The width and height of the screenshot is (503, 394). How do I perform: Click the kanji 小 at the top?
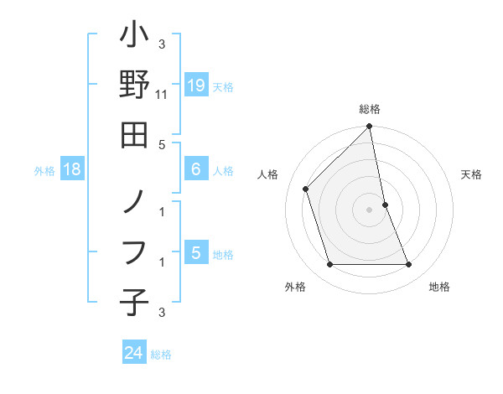pyautogui.click(x=134, y=39)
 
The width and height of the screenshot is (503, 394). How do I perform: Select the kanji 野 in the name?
pyautogui.click(x=134, y=86)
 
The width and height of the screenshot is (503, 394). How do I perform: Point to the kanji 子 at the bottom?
pyautogui.click(x=134, y=302)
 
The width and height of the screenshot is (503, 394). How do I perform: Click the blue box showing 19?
pyautogui.click(x=195, y=85)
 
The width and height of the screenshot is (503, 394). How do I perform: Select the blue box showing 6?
pyautogui.click(x=195, y=169)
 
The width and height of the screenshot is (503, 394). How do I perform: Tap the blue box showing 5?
pyautogui.click(x=195, y=253)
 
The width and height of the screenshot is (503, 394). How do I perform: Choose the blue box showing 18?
pyautogui.click(x=72, y=169)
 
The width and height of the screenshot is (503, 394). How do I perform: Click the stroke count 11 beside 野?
pyautogui.click(x=163, y=96)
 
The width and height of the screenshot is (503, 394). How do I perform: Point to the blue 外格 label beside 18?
pyautogui.click(x=44, y=171)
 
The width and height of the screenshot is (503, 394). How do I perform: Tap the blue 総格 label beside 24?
pyautogui.click(x=161, y=355)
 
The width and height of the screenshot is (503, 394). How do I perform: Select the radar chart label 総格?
pyautogui.click(x=370, y=109)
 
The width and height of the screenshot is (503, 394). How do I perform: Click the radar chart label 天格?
pyautogui.click(x=472, y=174)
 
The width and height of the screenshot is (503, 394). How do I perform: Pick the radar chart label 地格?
pyautogui.click(x=439, y=287)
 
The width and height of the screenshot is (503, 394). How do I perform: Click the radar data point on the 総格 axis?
pyautogui.click(x=370, y=127)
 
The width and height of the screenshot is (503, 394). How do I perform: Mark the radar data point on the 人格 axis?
pyautogui.click(x=306, y=189)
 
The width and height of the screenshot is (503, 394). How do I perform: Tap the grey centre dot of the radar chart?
pyautogui.click(x=370, y=210)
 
